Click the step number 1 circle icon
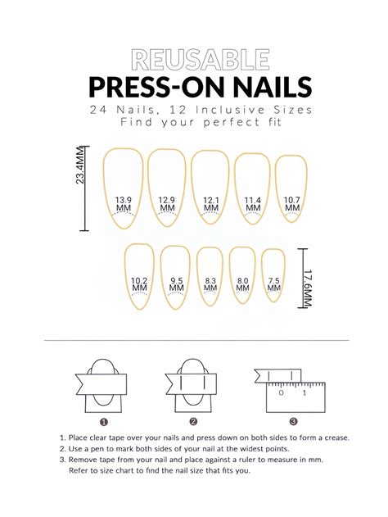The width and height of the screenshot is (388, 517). (104, 422)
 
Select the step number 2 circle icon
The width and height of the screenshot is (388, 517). (194, 422)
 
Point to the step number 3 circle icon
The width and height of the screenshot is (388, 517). (282, 422)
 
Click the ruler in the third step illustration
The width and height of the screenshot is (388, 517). (291, 394)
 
